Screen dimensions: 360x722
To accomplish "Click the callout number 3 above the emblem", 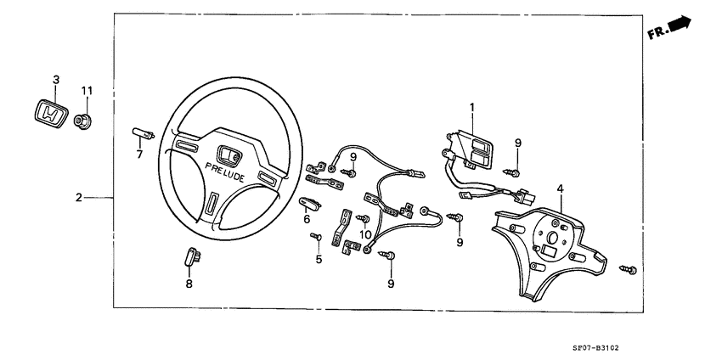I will click(56, 79).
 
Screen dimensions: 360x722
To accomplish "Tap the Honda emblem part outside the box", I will click(51, 114).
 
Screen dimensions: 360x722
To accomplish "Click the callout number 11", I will click(86, 90).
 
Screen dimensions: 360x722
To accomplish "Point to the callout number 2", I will click(78, 197).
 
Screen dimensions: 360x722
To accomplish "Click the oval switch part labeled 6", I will click(310, 202).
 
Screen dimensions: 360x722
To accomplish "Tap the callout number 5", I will click(319, 259).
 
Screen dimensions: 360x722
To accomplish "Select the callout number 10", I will click(365, 233).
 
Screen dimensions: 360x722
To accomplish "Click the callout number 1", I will click(472, 107).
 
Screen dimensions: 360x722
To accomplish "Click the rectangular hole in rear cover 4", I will click(549, 251).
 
